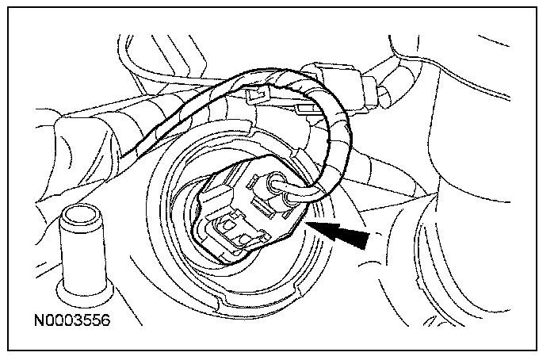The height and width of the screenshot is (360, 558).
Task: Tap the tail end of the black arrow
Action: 366,241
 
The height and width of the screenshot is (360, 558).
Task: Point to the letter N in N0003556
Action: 37,324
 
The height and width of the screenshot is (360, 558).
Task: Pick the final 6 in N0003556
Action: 103,324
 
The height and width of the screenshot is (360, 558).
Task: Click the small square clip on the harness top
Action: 254,95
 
